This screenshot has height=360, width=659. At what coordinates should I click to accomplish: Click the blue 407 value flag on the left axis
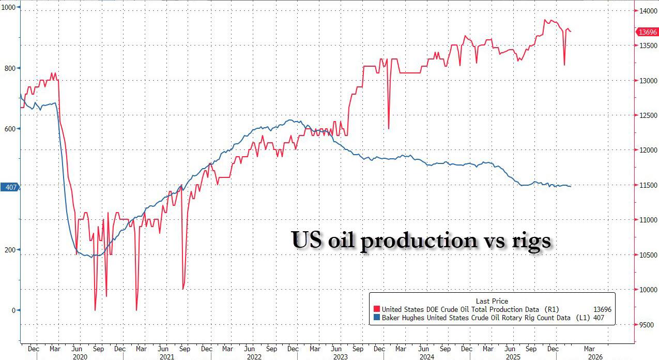pos(10,187)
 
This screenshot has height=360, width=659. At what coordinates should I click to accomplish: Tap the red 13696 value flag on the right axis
pos(648,32)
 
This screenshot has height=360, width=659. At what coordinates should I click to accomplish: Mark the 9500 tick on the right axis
pos(647,324)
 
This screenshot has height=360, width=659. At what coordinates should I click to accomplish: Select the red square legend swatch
pos(376,309)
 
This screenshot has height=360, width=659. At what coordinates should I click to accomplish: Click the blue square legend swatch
pos(376,318)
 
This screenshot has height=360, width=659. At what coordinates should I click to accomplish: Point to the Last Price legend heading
pos(492,301)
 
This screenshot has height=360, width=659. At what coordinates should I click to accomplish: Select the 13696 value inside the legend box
pos(602,309)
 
